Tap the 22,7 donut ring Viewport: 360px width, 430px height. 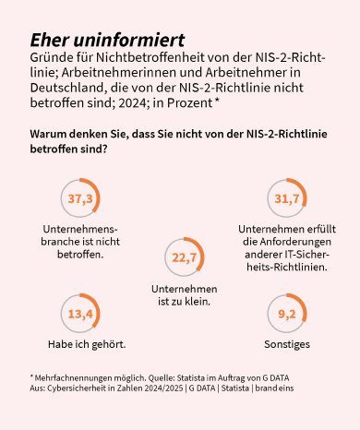(185, 257)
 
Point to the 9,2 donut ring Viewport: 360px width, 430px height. (287, 315)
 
